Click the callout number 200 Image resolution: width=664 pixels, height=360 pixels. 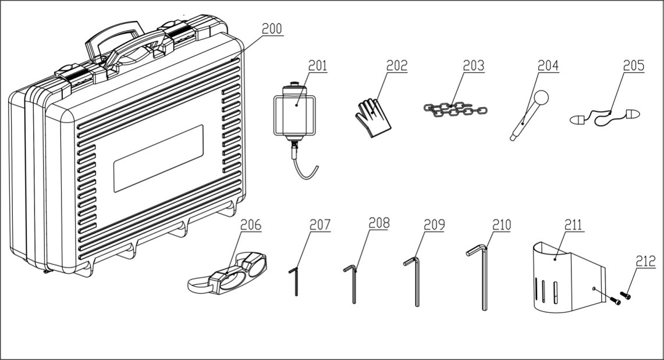(271, 29)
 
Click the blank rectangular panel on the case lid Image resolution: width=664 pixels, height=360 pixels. (158, 158)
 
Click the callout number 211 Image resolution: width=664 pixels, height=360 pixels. (576, 225)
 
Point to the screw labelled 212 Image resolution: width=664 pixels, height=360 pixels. (626, 295)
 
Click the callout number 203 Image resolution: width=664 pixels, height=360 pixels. (473, 66)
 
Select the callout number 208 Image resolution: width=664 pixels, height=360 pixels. (379, 223)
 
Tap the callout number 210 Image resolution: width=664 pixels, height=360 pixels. (501, 225)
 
